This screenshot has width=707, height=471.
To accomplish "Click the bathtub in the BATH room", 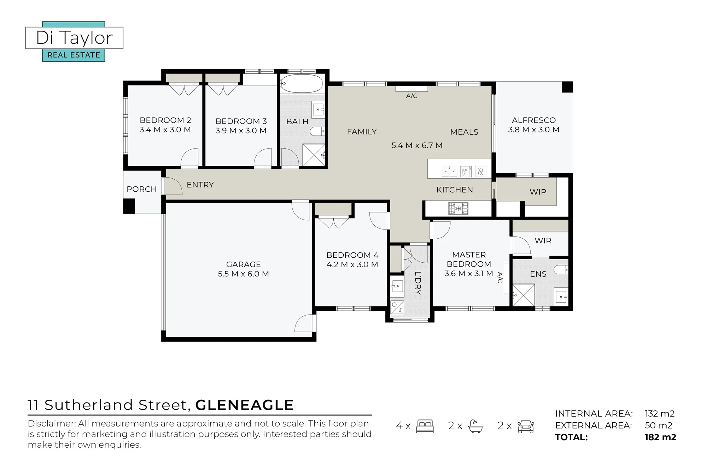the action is pyautogui.click(x=301, y=84).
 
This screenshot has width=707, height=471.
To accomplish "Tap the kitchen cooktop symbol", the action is pyautogui.click(x=458, y=208).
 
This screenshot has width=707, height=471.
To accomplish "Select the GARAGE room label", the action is pyautogui.click(x=244, y=264).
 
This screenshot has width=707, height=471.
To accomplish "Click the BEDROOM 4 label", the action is pyautogui.click(x=352, y=255).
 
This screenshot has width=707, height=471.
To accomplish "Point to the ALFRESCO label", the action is pyautogui.click(x=534, y=120).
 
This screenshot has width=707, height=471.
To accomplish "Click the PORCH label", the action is pyautogui.click(x=142, y=189).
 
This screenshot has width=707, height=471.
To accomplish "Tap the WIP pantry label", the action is pyautogui.click(x=538, y=192).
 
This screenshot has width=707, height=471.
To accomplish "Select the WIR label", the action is pyautogui.click(x=543, y=241).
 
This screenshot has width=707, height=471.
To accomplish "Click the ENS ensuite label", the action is pyautogui.click(x=538, y=274).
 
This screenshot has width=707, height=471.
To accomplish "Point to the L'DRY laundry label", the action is pyautogui.click(x=418, y=283).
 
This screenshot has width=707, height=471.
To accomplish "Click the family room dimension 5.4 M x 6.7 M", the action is pyautogui.click(x=417, y=145).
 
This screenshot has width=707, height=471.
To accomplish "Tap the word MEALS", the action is pyautogui.click(x=464, y=132).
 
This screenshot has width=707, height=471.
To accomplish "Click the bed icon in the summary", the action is pyautogui.click(x=425, y=426).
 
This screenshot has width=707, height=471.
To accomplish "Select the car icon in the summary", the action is pyautogui.click(x=526, y=427).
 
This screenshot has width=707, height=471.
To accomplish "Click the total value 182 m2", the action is pyautogui.click(x=660, y=437).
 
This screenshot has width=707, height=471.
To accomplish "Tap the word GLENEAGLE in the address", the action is pyautogui.click(x=244, y=405).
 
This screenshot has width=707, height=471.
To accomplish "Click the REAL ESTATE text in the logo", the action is pyautogui.click(x=74, y=55).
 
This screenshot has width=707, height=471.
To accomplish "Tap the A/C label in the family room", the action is pyautogui.click(x=412, y=96).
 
